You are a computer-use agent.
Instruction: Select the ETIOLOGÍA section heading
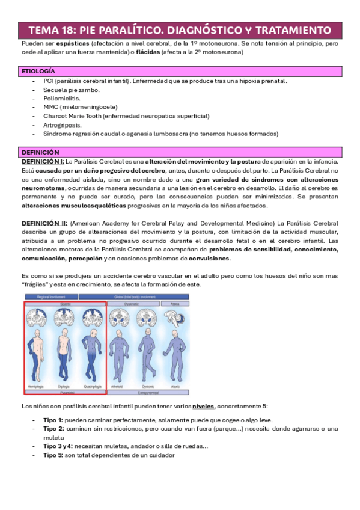[x=38, y=71]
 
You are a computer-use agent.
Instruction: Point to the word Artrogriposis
[x=63, y=124]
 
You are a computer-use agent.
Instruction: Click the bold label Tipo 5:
[x=55, y=455]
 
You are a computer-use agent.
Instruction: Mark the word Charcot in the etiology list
[x=55, y=115]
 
